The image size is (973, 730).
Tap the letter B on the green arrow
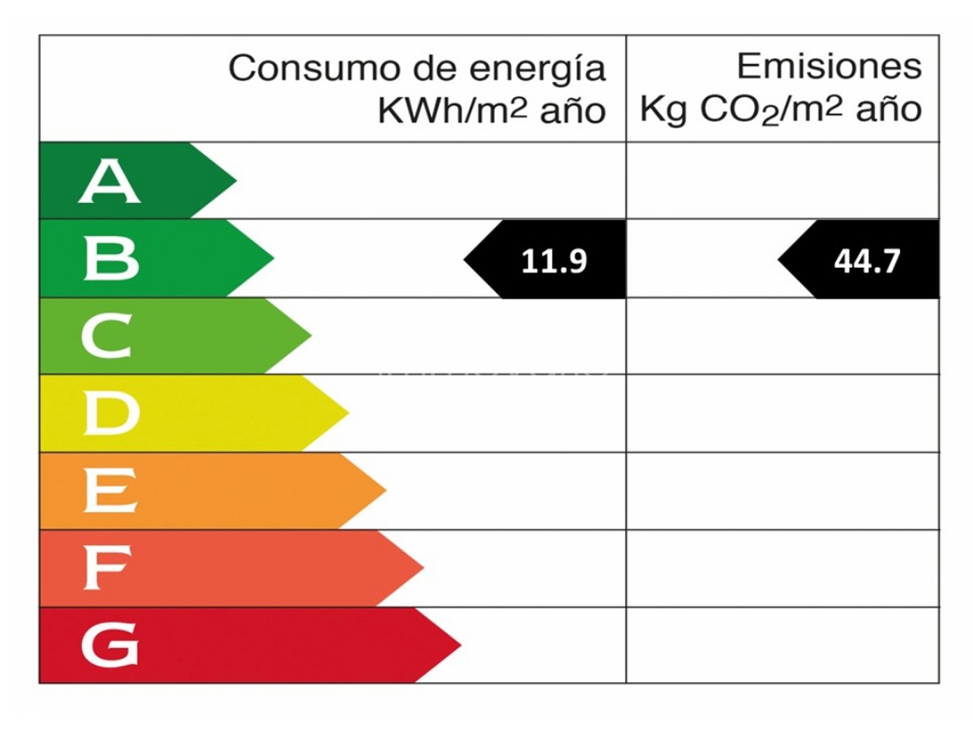click(x=111, y=258)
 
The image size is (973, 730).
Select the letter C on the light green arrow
click(x=106, y=336)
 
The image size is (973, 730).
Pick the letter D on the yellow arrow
click(x=111, y=413)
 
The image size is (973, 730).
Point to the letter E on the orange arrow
click(x=110, y=490)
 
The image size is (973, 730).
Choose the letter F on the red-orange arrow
click(x=107, y=567)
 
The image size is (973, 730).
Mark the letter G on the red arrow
click(x=110, y=644)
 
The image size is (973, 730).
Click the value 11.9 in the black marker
click(x=554, y=261)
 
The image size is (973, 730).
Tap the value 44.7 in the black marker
click(x=867, y=261)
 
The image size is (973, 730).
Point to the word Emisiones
click(x=829, y=67)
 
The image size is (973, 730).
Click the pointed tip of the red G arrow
click(x=460, y=644)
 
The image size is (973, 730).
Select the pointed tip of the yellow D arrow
click(x=347, y=412)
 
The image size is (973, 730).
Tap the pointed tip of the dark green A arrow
click(x=236, y=180)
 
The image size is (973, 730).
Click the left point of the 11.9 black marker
click(x=465, y=260)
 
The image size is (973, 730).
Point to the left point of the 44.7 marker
click(x=779, y=260)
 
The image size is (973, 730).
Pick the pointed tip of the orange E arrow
click(x=385, y=490)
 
